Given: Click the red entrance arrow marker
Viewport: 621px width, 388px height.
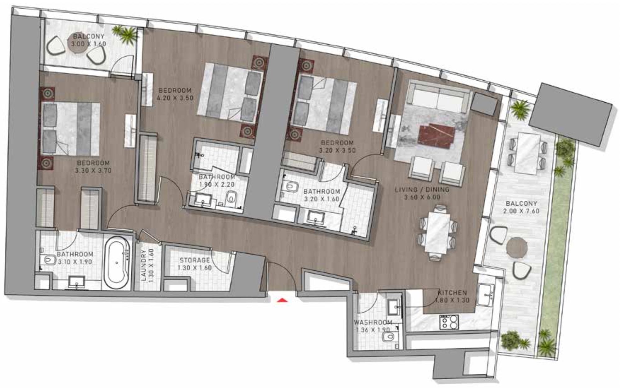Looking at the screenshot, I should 282,300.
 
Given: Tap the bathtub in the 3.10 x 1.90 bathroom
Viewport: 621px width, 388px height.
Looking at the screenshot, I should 116,263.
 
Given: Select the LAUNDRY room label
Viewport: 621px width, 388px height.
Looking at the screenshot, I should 143,265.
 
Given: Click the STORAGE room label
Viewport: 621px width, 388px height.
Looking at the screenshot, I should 195,260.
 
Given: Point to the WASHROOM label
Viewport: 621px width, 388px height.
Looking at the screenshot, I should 373,323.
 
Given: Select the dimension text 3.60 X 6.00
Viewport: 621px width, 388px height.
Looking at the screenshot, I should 422,197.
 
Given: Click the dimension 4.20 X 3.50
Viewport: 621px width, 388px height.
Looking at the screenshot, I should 175,98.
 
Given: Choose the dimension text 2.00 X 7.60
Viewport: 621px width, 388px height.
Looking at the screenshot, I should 521,211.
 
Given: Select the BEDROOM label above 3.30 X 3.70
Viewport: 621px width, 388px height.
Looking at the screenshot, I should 93,163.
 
